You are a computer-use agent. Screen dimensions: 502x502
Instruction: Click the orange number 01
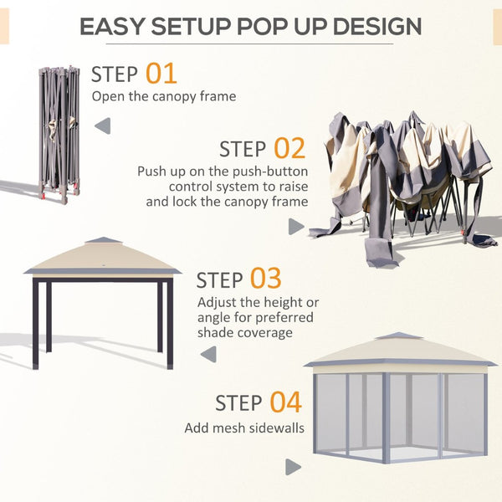[161, 73]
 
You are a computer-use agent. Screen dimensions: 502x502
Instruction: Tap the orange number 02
[289, 149]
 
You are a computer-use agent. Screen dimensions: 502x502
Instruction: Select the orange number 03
[265, 278]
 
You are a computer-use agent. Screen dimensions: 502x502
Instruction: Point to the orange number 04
[285, 402]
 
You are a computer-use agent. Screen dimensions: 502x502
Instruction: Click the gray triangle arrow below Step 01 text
[102, 126]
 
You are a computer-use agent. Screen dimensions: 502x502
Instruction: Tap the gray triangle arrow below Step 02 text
[295, 227]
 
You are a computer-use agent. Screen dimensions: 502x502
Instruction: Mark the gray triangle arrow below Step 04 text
[293, 467]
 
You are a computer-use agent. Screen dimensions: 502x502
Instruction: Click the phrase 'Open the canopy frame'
[163, 96]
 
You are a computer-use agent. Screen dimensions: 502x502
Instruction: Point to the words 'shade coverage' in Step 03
[244, 332]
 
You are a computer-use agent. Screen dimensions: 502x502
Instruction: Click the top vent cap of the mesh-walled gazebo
[398, 336]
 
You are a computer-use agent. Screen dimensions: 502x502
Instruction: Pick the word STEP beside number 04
[238, 402]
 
